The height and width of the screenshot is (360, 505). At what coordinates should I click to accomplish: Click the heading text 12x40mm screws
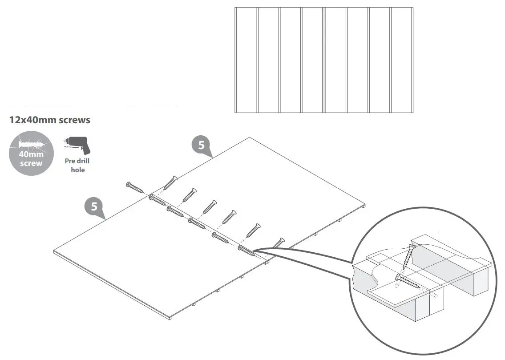pyautogui.click(x=49, y=120)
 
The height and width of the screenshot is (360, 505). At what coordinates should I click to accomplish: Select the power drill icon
pyautogui.click(x=76, y=145)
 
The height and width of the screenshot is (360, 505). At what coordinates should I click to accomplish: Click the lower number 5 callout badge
pyautogui.click(x=94, y=207)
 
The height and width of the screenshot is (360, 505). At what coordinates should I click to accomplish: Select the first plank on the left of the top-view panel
pyautogui.click(x=246, y=60)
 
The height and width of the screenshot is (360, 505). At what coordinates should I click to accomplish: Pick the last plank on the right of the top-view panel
pyautogui.click(x=402, y=60)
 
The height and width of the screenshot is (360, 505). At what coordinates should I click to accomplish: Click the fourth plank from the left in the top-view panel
pyautogui.click(x=312, y=60)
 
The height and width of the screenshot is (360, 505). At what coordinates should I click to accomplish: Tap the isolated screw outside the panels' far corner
pyautogui.click(x=134, y=187)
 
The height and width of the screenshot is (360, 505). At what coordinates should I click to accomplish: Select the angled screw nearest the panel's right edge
pyautogui.click(x=278, y=243)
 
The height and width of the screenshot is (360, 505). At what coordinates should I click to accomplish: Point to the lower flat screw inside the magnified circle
pyautogui.click(x=410, y=283)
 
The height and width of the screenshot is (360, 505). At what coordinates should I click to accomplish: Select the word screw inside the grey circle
pyautogui.click(x=31, y=163)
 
